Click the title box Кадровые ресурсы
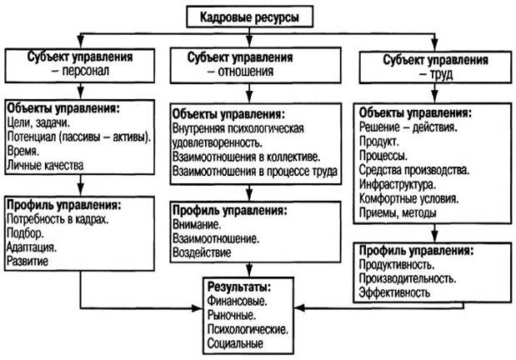tap(249, 17)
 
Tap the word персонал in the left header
tap(86, 71)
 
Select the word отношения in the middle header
tap(245, 72)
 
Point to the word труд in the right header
tap(441, 75)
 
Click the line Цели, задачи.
tap(38, 123)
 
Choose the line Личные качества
tap(45, 165)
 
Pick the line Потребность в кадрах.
tap(58, 219)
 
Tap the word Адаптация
tap(32, 247)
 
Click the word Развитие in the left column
tap(28, 262)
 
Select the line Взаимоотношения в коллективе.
tap(247, 157)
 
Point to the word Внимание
tap(197, 225)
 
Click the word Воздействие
tap(202, 252)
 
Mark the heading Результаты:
tap(239, 287)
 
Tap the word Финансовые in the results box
tap(237, 301)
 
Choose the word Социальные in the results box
tap(235, 343)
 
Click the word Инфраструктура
tap(398, 184)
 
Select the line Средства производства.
tap(414, 170)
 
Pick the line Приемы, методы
tap(398, 212)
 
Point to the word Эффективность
tap(394, 292)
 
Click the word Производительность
tap(408, 278)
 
